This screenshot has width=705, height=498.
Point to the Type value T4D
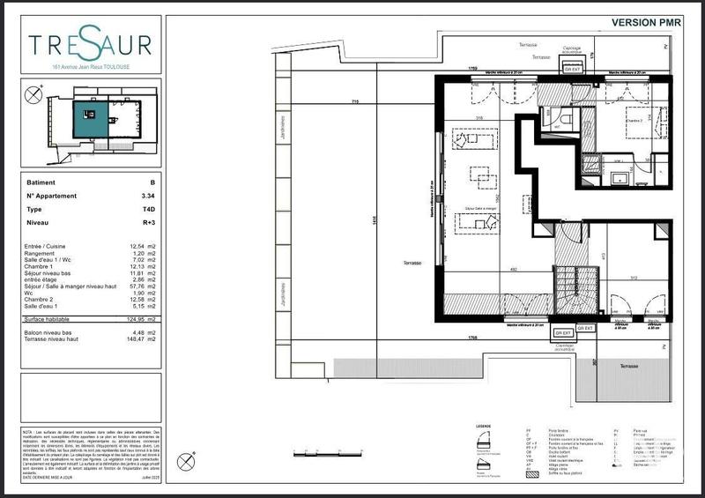pos(149,210)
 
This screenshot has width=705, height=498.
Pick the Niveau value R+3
pos(148,224)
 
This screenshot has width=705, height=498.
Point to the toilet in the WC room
pos(566,117)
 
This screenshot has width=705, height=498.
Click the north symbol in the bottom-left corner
pos(186,460)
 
